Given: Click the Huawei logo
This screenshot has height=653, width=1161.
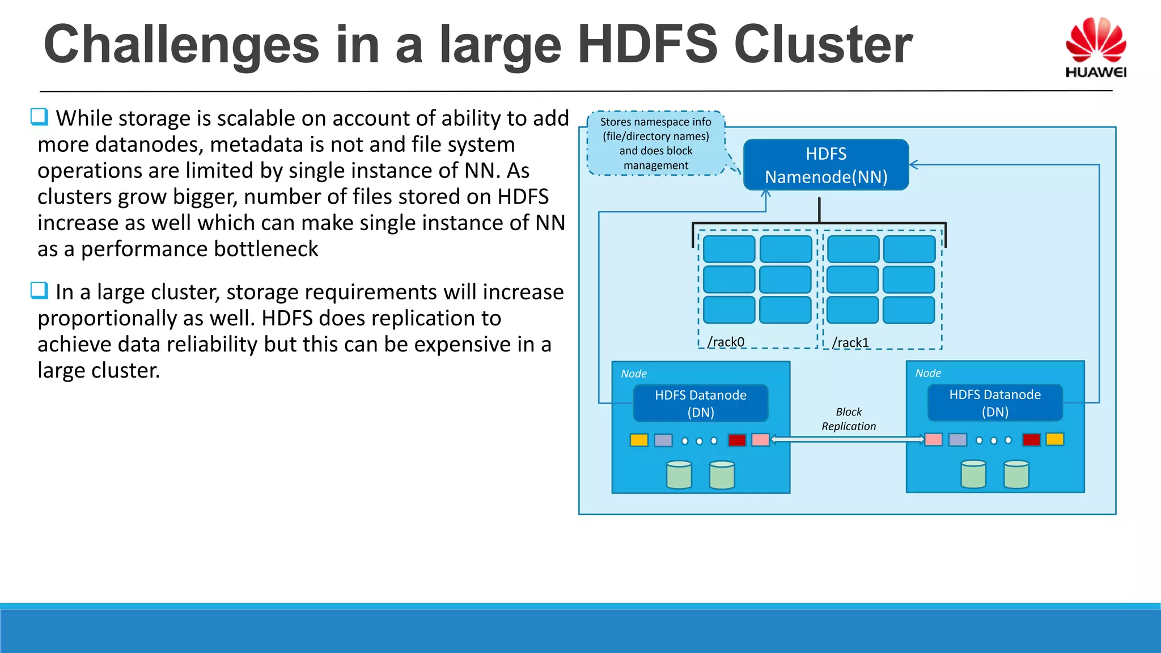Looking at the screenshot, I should (x=1095, y=48).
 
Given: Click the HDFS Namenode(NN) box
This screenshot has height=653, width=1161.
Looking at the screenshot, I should (x=825, y=165).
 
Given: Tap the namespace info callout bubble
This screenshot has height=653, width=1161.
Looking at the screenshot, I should (x=656, y=143).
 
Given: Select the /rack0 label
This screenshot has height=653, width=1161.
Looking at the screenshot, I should (x=726, y=342).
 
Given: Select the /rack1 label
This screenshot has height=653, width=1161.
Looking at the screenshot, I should (x=850, y=342).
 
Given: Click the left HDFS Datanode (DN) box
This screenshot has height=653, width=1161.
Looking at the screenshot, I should (x=701, y=403).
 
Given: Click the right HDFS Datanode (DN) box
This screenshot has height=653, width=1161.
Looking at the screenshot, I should (x=995, y=402).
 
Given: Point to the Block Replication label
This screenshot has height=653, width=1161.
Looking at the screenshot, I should (x=848, y=419).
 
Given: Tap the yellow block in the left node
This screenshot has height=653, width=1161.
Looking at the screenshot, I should (x=639, y=440).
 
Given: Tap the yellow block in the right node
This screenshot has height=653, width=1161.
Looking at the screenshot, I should (x=1054, y=439).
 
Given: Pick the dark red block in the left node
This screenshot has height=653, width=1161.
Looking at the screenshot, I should (x=736, y=440).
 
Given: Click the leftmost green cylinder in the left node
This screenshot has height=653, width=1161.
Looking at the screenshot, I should (x=679, y=474).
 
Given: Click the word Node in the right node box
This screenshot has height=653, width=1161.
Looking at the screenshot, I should (x=928, y=373).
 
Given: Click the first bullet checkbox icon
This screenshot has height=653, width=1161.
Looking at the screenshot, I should (x=39, y=117).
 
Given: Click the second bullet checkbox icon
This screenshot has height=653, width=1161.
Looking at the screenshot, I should (x=39, y=290).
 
